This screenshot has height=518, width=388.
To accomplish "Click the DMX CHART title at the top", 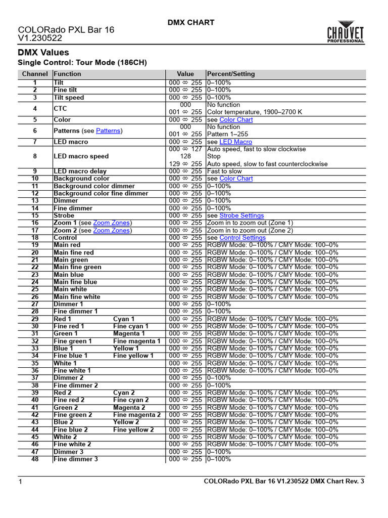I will pyautogui.click(x=191, y=22).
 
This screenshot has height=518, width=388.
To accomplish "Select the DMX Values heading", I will pyautogui.click(x=43, y=53).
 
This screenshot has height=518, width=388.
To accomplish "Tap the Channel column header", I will pyautogui.click(x=35, y=74).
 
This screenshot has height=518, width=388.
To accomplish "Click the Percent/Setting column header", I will pyautogui.click(x=231, y=74).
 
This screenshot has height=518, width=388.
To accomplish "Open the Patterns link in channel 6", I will pyautogui.click(x=108, y=131).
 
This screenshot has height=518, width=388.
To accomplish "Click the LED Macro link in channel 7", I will pyautogui.click(x=235, y=142).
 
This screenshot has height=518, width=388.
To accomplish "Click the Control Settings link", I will pyautogui.click(x=243, y=238).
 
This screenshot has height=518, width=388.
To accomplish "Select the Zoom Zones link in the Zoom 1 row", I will pyautogui.click(x=112, y=223).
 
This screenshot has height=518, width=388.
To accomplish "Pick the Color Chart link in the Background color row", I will pyautogui.click(x=236, y=179).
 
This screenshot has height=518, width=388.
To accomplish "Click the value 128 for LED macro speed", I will pyautogui.click(x=185, y=157).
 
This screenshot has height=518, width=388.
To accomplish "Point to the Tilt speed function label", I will pyautogui.click(x=69, y=98).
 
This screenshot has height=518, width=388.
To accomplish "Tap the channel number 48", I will pyautogui.click(x=35, y=459).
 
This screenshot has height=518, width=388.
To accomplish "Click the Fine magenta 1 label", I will pyautogui.click(x=136, y=341).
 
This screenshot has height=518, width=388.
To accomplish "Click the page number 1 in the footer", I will pyautogui.click(x=20, y=482).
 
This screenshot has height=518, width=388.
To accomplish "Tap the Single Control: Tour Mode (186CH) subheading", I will pyautogui.click(x=82, y=63).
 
